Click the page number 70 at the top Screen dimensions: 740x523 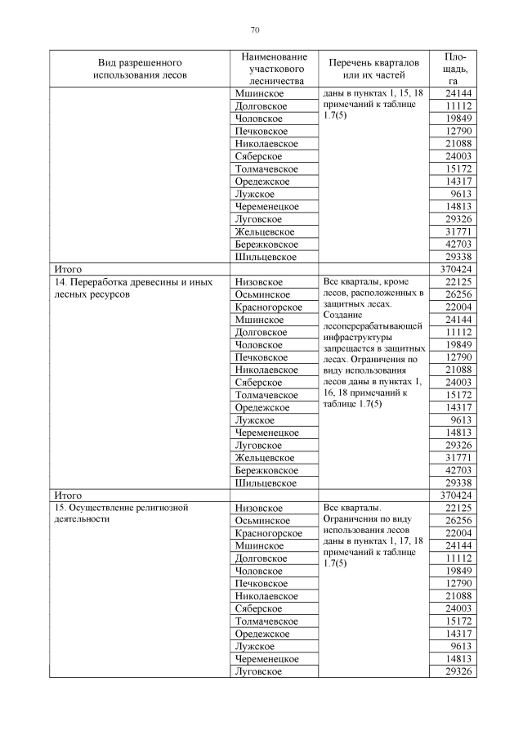255,30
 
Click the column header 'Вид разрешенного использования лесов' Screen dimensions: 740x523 140,69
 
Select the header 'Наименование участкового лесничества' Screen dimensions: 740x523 274,69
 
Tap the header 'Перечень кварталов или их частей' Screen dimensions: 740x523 373,69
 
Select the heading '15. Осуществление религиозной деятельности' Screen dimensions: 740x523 122,514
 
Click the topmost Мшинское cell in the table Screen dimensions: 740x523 254,94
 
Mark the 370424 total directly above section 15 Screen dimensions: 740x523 456,496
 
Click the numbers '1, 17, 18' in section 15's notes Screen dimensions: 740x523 404,541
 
